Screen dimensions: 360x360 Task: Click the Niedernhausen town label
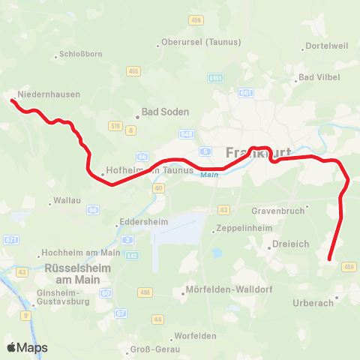(49, 94)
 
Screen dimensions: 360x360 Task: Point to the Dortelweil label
(328, 46)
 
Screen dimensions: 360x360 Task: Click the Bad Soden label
(166, 112)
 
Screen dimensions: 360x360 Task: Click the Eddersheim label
(142, 222)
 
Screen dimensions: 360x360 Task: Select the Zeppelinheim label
(241, 229)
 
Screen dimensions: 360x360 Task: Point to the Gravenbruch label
(279, 211)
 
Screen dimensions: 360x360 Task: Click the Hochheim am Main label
(79, 253)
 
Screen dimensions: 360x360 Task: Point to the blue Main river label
(210, 175)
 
